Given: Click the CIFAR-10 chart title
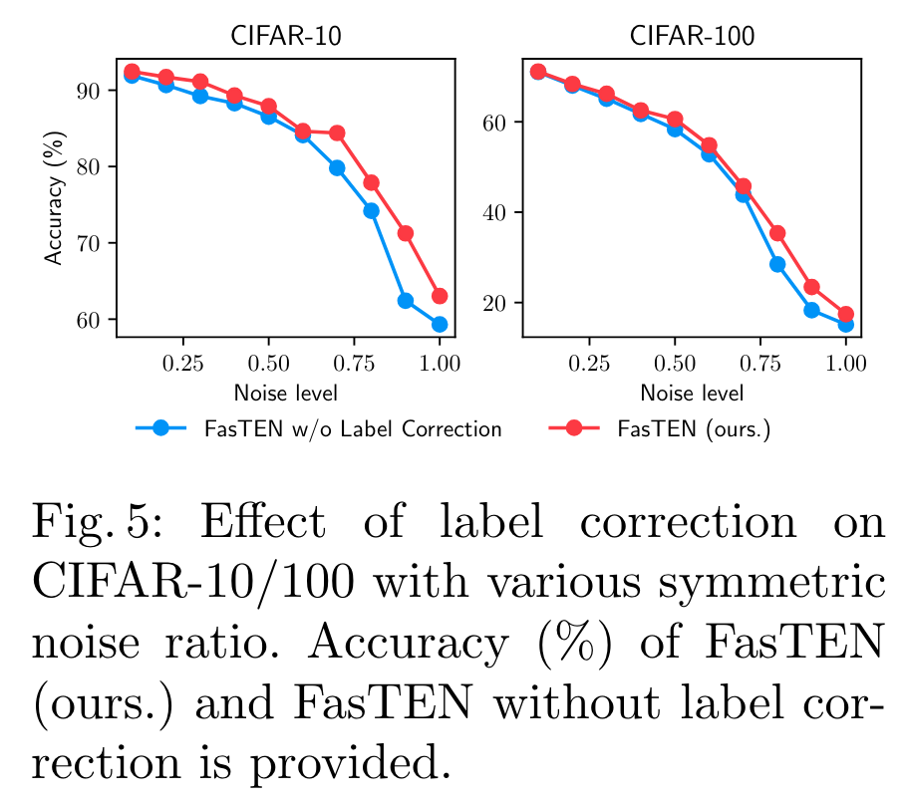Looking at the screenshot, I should pos(285,37).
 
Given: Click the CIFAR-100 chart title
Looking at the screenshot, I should pos(692,37).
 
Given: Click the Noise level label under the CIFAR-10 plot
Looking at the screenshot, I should pos(285,392).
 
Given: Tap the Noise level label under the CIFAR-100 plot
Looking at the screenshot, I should pos(692,392).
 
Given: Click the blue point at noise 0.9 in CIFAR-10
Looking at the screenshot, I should pos(406,300).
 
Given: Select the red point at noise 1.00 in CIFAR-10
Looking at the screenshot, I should pos(440,296).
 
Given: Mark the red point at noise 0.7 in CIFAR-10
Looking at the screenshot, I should pos(337,133).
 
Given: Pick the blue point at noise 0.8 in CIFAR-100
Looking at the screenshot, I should pos(777,264).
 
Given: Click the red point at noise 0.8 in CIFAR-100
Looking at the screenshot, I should pos(777,233).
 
